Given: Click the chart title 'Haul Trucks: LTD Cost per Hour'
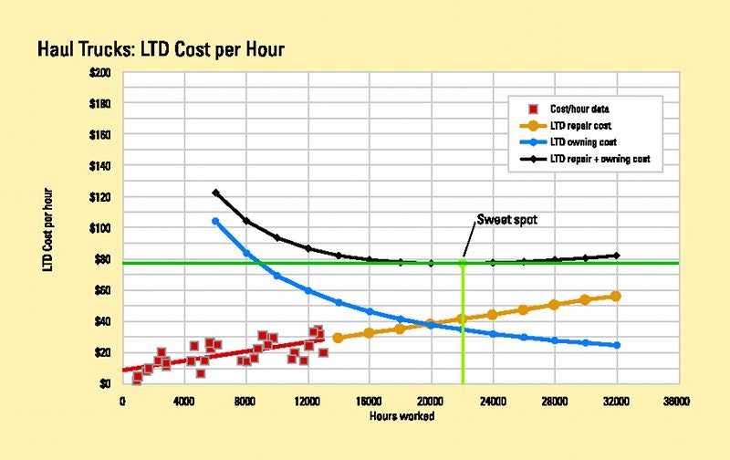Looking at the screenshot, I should pos(161,49).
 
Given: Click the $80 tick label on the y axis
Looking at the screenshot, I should pos(105,259).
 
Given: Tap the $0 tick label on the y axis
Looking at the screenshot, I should pos(109,383).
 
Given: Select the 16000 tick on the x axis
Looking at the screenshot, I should pos(369,400).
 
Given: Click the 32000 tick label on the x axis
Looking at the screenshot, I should pos(616,400).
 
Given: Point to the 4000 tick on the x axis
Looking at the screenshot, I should pos(184,400).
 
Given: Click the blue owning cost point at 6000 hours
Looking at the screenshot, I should pos(215,221).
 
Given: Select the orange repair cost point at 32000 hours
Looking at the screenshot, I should pos(616,296).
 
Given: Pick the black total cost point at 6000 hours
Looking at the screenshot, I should pos(215,193).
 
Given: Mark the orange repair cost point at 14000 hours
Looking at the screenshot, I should pos(338,338).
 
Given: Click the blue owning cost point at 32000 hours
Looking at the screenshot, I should pos(616,345).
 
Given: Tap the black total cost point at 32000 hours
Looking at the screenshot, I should pos(616,256).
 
